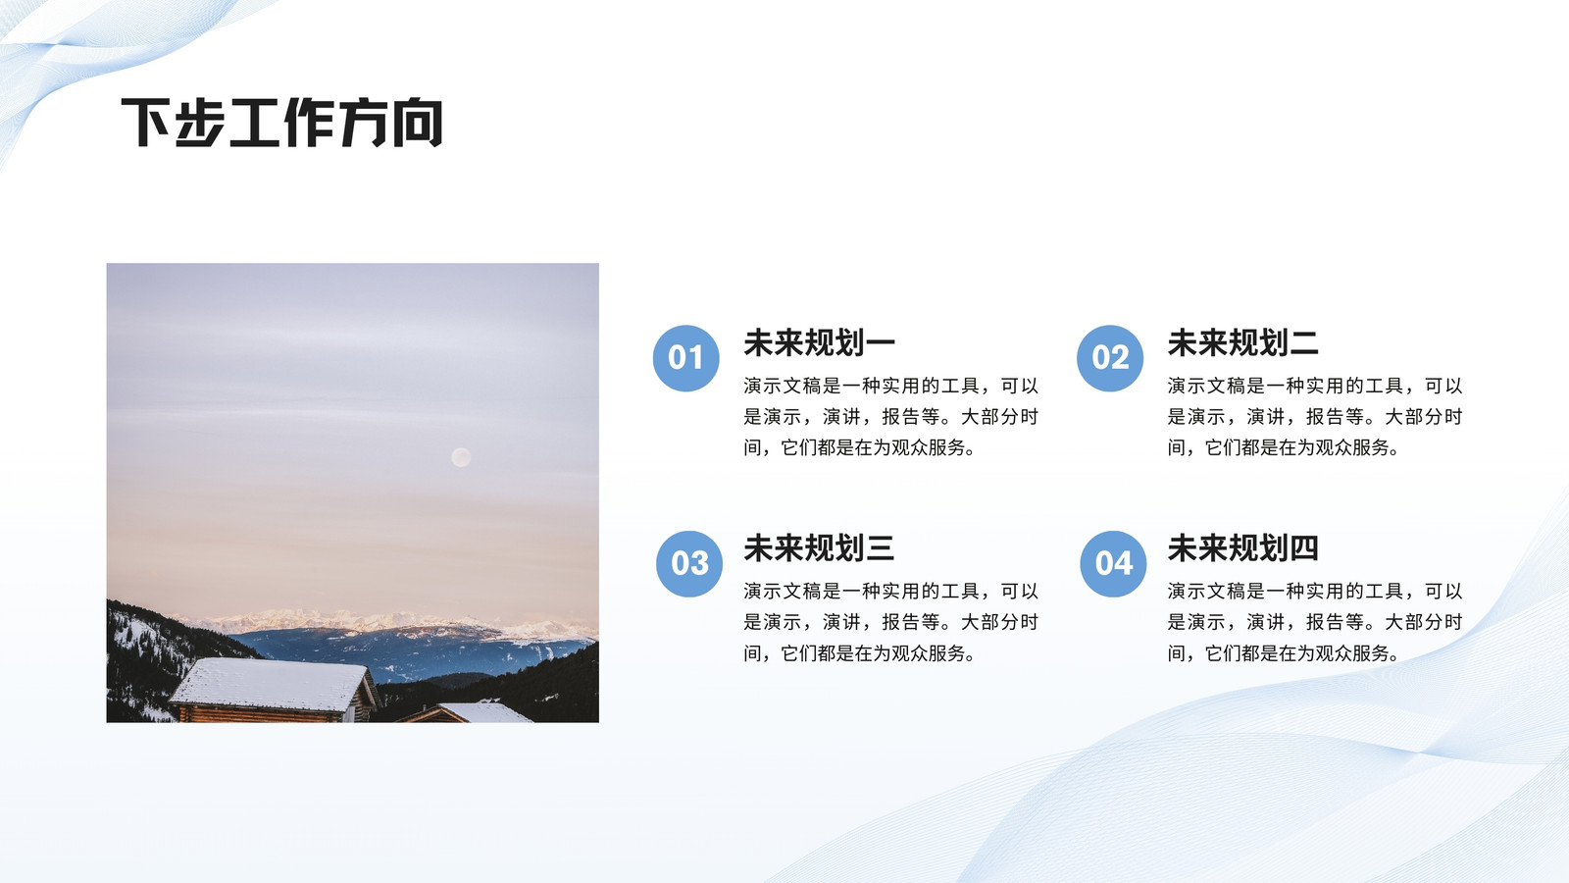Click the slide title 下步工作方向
pyautogui.click(x=282, y=123)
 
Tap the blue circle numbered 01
pyautogui.click(x=685, y=358)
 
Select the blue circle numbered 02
pyautogui.click(x=1110, y=358)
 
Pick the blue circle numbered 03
pyautogui.click(x=689, y=563)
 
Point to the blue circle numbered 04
pyautogui.click(x=1113, y=563)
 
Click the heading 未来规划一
pyautogui.click(x=820, y=342)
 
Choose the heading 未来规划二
pyautogui.click(x=1243, y=342)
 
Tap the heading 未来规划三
pyautogui.click(x=820, y=548)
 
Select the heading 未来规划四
pyautogui.click(x=1243, y=548)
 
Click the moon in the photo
pyautogui.click(x=461, y=457)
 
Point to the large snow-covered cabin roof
pyautogui.click(x=270, y=683)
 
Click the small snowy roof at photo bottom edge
pyautogui.click(x=483, y=712)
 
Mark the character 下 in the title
pyautogui.click(x=146, y=123)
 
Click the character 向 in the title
pyautogui.click(x=418, y=123)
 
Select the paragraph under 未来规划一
pyautogui.click(x=891, y=416)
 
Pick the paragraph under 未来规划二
pyautogui.click(x=1315, y=416)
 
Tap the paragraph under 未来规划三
pyautogui.click(x=891, y=622)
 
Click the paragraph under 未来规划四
pyautogui.click(x=1315, y=622)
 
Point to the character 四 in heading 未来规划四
pyautogui.click(x=1304, y=548)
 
